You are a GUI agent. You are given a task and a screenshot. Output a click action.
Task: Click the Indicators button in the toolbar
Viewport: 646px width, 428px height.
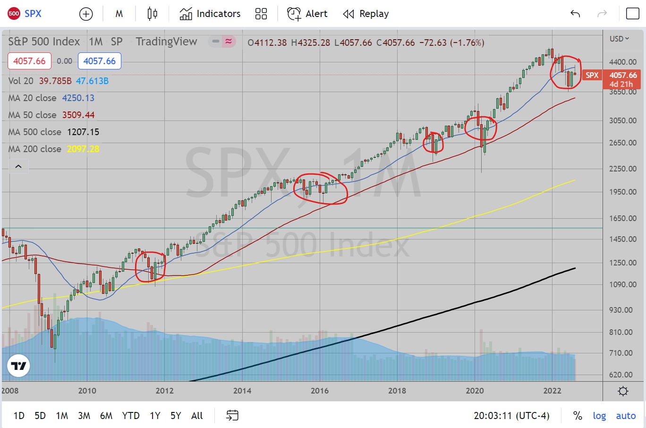[x=210, y=14]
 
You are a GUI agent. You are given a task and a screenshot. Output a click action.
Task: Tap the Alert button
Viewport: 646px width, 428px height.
[x=307, y=14]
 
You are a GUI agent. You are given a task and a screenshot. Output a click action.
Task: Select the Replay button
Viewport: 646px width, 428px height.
[x=366, y=14]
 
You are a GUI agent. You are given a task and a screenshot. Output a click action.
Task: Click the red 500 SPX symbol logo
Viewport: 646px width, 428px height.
[x=14, y=14]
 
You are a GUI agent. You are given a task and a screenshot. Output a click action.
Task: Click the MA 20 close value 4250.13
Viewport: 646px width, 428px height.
[x=78, y=98]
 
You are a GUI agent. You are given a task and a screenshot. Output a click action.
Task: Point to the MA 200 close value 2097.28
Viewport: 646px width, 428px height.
[x=83, y=149]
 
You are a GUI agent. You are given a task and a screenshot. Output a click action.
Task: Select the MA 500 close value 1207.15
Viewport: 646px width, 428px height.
[x=83, y=132]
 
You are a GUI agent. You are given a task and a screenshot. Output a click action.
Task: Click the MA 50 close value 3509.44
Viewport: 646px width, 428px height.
[x=78, y=115]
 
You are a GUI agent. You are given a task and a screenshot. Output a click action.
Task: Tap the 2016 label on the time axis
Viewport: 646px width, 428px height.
[x=320, y=391]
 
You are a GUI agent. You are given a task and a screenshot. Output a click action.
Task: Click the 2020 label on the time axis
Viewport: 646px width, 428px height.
[x=475, y=391]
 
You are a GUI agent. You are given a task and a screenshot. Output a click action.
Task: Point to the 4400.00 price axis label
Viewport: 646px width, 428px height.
[x=623, y=62]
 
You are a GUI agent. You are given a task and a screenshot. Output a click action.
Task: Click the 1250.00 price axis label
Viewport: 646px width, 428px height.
[x=623, y=263]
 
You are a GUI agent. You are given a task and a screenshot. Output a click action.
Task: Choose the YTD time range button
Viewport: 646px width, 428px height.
[x=131, y=416]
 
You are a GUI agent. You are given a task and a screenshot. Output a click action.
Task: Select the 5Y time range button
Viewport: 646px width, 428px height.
[x=176, y=416]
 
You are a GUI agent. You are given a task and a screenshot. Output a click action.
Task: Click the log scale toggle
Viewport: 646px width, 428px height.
[x=599, y=416]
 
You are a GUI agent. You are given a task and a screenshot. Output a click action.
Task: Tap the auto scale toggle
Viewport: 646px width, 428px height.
[x=626, y=416]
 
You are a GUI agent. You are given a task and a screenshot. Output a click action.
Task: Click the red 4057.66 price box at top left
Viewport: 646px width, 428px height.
[x=29, y=61]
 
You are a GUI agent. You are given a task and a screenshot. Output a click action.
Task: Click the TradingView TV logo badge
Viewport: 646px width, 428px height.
[x=19, y=366]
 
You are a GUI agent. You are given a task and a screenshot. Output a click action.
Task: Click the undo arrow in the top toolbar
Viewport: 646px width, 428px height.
[x=575, y=14]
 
